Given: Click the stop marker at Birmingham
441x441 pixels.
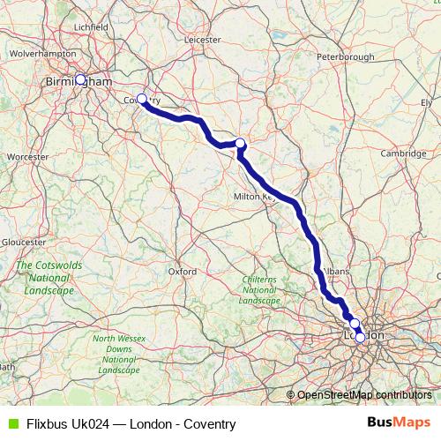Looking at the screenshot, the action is [x=80, y=79].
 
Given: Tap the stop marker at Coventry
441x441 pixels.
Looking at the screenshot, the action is [x=141, y=99].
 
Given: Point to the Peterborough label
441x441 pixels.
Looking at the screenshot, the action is [x=346, y=57].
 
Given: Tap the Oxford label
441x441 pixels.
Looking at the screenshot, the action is [x=182, y=272].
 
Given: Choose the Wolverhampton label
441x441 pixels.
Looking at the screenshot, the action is [x=43, y=54].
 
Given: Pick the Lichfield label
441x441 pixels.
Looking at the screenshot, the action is [x=91, y=27].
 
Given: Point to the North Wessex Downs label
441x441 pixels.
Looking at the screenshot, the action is [x=117, y=354].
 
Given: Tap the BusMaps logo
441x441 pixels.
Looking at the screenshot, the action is [x=402, y=423].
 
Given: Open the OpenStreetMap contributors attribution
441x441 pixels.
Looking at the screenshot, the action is [x=363, y=394].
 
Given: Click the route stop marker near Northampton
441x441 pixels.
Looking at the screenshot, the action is [x=239, y=143].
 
